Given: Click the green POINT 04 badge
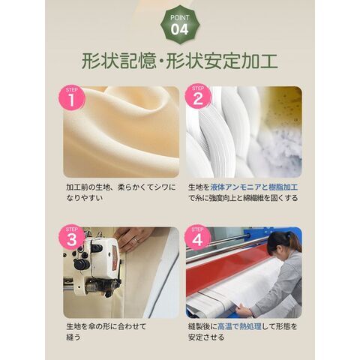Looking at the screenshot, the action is [x=180, y=25].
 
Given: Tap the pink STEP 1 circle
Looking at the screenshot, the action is [x=72, y=98].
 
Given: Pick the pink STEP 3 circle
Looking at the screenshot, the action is [x=72, y=238].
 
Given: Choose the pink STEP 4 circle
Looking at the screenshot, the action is [x=198, y=238].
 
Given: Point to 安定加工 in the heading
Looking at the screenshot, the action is [x=241, y=61].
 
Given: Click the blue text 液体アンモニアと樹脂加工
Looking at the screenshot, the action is [x=254, y=187].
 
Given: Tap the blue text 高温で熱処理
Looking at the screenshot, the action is [x=239, y=326].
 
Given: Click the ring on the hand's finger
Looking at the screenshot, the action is [x=135, y=240].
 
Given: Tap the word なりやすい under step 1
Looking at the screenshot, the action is [x=85, y=198].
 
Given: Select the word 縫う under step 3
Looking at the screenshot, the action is [x=73, y=337].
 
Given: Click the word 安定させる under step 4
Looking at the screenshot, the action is [x=206, y=337].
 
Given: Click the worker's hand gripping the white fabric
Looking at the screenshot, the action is [x=243, y=310].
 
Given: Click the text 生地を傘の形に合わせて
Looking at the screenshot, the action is [x=106, y=326].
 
